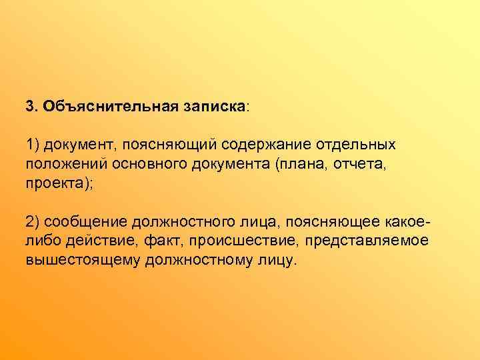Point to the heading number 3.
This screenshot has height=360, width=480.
31,107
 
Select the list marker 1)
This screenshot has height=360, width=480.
33,145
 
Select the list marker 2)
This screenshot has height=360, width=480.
33,221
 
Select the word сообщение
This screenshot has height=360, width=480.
84,221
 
